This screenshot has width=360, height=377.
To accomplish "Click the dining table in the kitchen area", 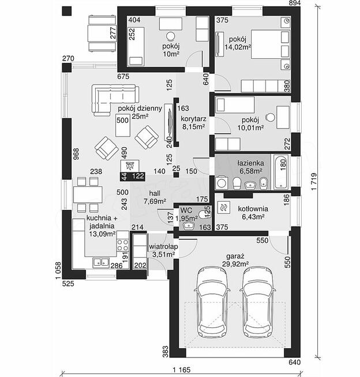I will click(x=87, y=194).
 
